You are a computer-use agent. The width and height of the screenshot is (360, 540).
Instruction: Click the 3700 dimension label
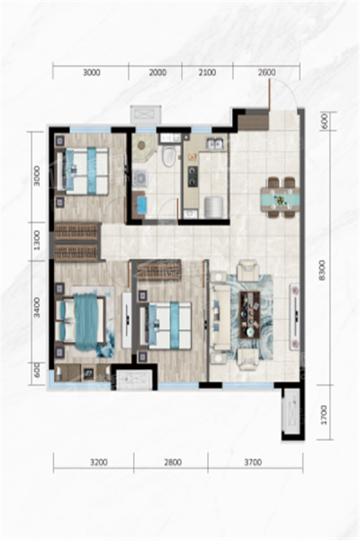point(253,463)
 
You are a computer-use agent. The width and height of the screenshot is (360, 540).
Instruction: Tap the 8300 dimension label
point(322,270)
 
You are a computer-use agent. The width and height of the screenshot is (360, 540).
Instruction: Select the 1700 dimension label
point(323,415)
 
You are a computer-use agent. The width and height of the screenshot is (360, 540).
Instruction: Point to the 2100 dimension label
point(207,73)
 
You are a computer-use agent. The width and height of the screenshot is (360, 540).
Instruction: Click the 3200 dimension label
point(99,463)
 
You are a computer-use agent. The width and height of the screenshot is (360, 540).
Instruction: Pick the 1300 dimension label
point(37,240)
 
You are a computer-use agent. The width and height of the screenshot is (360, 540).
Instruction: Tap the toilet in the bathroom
point(169,156)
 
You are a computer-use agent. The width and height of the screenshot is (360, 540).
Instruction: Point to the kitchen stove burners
point(193,176)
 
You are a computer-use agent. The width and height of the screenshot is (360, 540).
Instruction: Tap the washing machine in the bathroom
point(141,177)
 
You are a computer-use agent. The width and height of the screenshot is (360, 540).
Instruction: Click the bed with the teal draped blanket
point(81,321)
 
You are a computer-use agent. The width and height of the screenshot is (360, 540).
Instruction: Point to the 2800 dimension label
point(173,463)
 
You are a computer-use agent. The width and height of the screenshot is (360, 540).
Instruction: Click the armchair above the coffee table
point(248,270)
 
